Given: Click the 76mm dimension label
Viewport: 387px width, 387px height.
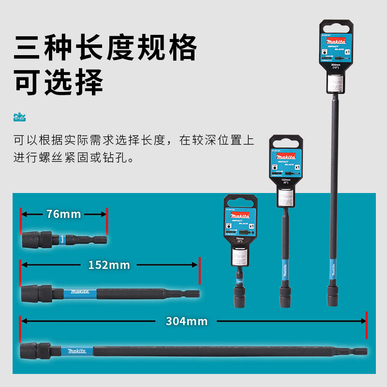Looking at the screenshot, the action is pos(64,214).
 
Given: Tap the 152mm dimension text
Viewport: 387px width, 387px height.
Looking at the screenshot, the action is pos(109,265).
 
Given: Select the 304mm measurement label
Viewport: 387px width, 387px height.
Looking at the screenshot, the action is pos(186,321).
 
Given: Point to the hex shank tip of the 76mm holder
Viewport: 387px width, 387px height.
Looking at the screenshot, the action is pos(102,238).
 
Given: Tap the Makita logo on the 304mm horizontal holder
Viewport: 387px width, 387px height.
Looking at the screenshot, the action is pos(77,350).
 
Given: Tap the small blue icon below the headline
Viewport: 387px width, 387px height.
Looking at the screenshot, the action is pos(19,117).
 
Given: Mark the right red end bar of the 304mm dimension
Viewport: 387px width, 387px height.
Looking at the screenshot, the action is pos(367,321).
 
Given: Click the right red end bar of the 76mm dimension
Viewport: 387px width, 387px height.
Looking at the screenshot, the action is pos(106,214).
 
